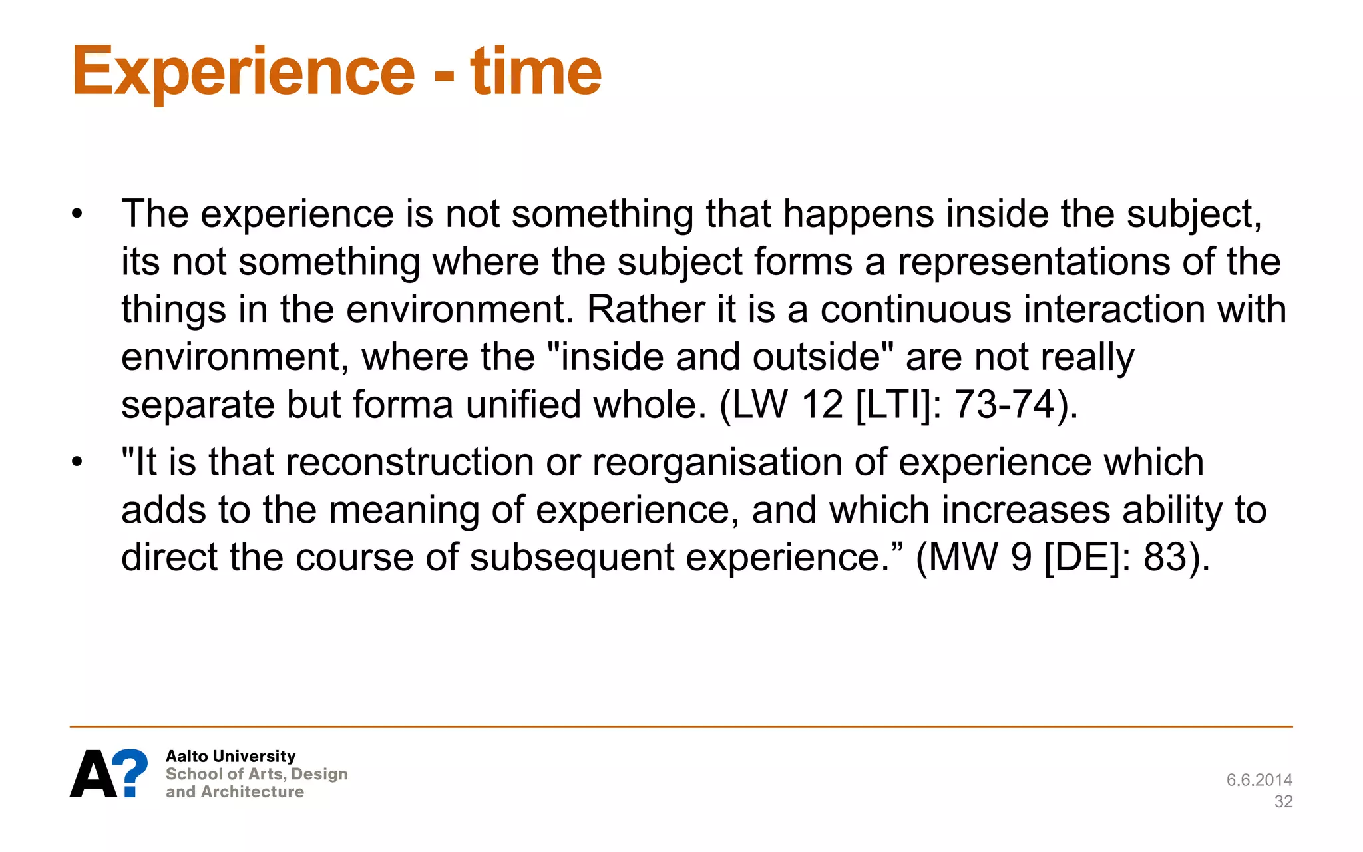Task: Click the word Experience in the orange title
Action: [243, 72]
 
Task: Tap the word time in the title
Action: [536, 72]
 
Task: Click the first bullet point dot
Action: [78, 214]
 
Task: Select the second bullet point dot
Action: [78, 462]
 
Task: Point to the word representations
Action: [1034, 262]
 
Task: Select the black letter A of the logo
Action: [94, 774]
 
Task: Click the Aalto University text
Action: [230, 756]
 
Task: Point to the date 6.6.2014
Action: [1259, 780]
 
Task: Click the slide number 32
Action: [1283, 802]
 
